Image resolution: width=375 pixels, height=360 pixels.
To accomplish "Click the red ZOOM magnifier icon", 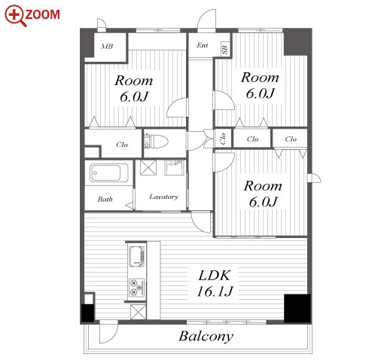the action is pyautogui.click(x=16, y=16).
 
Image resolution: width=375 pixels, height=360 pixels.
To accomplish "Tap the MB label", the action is pyautogui.click(x=107, y=46).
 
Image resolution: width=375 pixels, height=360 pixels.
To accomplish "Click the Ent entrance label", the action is pyautogui.click(x=203, y=45).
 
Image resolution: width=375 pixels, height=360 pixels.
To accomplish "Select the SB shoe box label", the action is pyautogui.click(x=225, y=48).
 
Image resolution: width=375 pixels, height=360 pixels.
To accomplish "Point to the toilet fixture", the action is pyautogui.click(x=156, y=142).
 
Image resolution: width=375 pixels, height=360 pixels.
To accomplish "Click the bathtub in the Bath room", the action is pyautogui.click(x=109, y=173).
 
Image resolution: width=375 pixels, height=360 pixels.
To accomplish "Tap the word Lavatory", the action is pyautogui.click(x=164, y=197).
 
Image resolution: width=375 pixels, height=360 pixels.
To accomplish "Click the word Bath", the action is pyautogui.click(x=105, y=200).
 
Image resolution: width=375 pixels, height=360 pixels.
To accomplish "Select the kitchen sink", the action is pyautogui.click(x=137, y=257).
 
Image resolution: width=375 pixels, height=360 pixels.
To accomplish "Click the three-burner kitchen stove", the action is pyautogui.click(x=137, y=287).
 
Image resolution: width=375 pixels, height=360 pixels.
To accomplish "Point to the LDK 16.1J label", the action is pyautogui.click(x=215, y=284).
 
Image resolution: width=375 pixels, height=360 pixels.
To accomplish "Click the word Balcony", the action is pyautogui.click(x=206, y=337).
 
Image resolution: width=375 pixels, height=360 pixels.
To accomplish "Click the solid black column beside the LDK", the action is pyautogui.click(x=297, y=308).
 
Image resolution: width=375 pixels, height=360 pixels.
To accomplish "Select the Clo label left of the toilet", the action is pyautogui.click(x=122, y=145).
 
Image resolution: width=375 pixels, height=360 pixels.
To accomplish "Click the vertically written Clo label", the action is pyautogui.click(x=222, y=139).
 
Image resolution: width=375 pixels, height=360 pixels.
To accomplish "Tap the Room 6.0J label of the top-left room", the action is pyautogui.click(x=134, y=89).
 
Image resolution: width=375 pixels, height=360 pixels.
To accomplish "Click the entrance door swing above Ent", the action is pyautogui.click(x=207, y=20).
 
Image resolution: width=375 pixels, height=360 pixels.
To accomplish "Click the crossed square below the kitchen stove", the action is pyautogui.click(x=139, y=312).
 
